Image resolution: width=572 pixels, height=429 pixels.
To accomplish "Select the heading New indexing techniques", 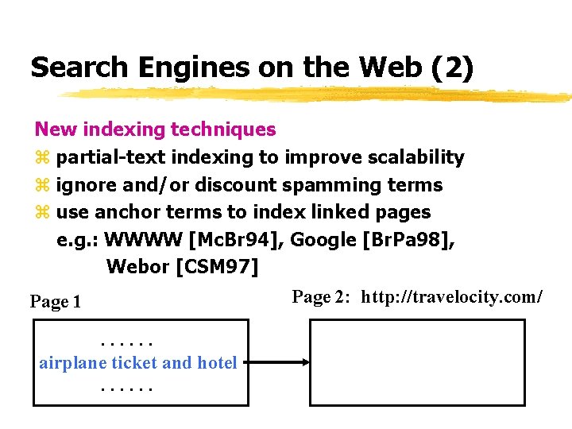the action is tap(156, 129).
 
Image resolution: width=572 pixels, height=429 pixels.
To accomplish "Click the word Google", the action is tap(324, 239).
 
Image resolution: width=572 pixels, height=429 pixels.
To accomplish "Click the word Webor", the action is tap(137, 266).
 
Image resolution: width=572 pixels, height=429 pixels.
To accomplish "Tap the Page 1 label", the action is tap(56, 302).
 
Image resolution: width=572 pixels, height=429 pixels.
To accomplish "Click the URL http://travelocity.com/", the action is tap(452, 297).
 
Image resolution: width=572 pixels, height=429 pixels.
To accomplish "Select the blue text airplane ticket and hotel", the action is tap(138, 363).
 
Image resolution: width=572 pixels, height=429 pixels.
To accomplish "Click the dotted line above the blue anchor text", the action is tap(127, 343).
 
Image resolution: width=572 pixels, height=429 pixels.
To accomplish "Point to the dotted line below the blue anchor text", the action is tap(127, 389).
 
